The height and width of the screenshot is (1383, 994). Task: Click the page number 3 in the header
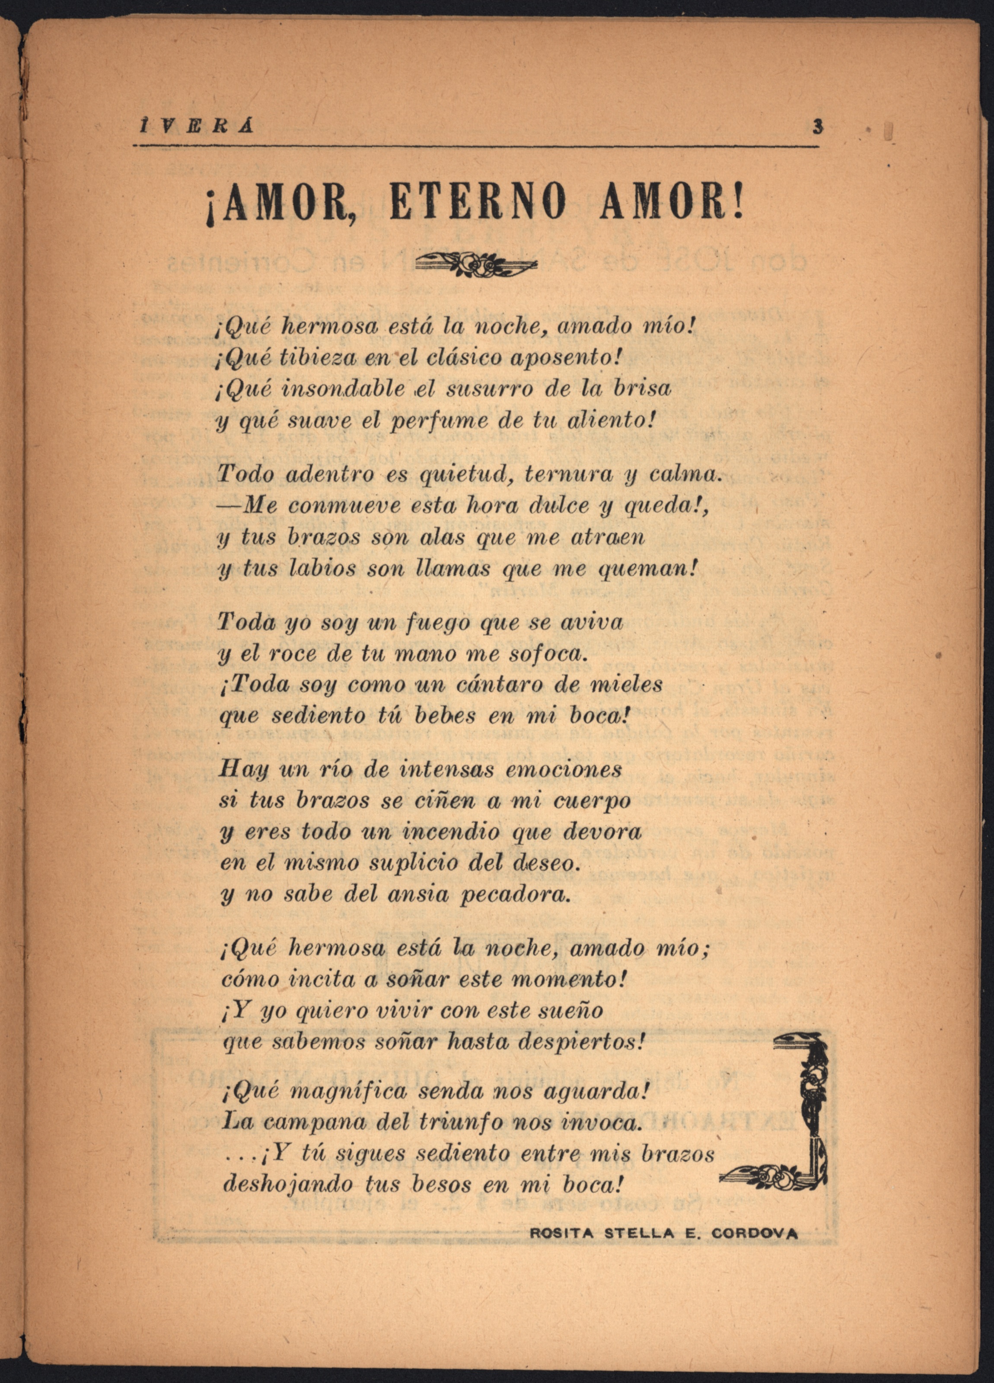817,127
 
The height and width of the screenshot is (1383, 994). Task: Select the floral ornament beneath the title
476,264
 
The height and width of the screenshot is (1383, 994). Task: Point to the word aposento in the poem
564,357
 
